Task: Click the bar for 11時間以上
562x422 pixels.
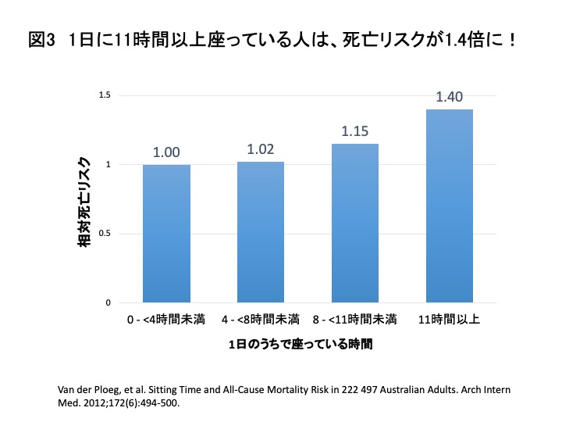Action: [450, 206]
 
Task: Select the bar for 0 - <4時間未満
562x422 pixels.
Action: [166, 233]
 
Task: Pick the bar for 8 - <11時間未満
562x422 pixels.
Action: [355, 223]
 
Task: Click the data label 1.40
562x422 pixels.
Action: [450, 97]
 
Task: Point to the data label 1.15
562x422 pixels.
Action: [355, 131]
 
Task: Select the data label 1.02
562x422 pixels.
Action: [261, 149]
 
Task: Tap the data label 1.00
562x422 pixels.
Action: [166, 152]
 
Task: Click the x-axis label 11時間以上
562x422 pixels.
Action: [450, 320]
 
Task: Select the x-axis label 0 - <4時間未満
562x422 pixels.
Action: [166, 320]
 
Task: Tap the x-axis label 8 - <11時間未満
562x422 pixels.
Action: [355, 320]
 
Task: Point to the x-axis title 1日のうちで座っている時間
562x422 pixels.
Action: [301, 344]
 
